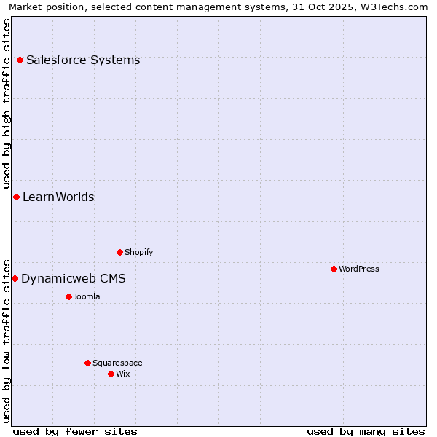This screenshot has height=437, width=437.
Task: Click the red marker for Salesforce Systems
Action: pyautogui.click(x=20, y=60)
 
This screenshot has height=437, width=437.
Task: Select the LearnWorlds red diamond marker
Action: pyautogui.click(x=16, y=197)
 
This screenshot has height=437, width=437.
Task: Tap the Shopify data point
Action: pyautogui.click(x=120, y=253)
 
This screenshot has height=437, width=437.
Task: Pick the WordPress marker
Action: pyautogui.click(x=334, y=269)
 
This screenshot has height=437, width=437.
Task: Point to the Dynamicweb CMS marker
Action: pyautogui.click(x=15, y=279)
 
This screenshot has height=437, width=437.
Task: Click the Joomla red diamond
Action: pyautogui.click(x=69, y=297)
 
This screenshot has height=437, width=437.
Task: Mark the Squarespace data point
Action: pyautogui.click(x=88, y=363)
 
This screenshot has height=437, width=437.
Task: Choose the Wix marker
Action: pyautogui.click(x=111, y=374)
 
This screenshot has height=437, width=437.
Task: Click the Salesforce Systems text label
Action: pyautogui.click(x=83, y=60)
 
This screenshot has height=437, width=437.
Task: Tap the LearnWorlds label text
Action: pyautogui.click(x=58, y=197)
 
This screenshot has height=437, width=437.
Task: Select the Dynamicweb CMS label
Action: pyautogui.click(x=74, y=279)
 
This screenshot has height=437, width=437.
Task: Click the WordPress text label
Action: pyautogui.click(x=359, y=269)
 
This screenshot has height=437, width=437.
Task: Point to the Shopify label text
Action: pyautogui.click(x=139, y=253)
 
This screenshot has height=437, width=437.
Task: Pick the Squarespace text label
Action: pyautogui.click(x=117, y=363)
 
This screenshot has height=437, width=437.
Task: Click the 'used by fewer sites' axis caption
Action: pyautogui.click(x=75, y=432)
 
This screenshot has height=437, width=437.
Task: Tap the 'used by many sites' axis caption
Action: pyautogui.click(x=366, y=432)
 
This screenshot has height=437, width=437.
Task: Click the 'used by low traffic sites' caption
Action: pyautogui.click(x=7, y=340)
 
